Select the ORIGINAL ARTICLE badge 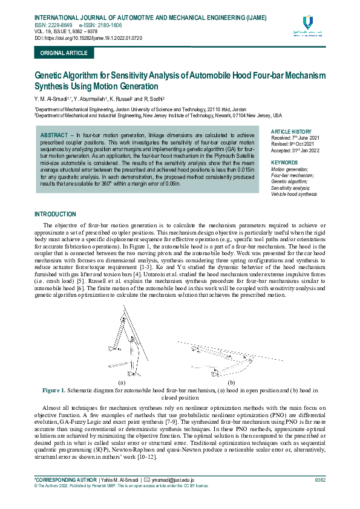click(x=64, y=53)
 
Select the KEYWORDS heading click(x=284, y=163)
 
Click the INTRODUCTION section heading click(x=55, y=214)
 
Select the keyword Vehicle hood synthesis click(x=295, y=195)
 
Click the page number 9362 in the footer click(x=320, y=479)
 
